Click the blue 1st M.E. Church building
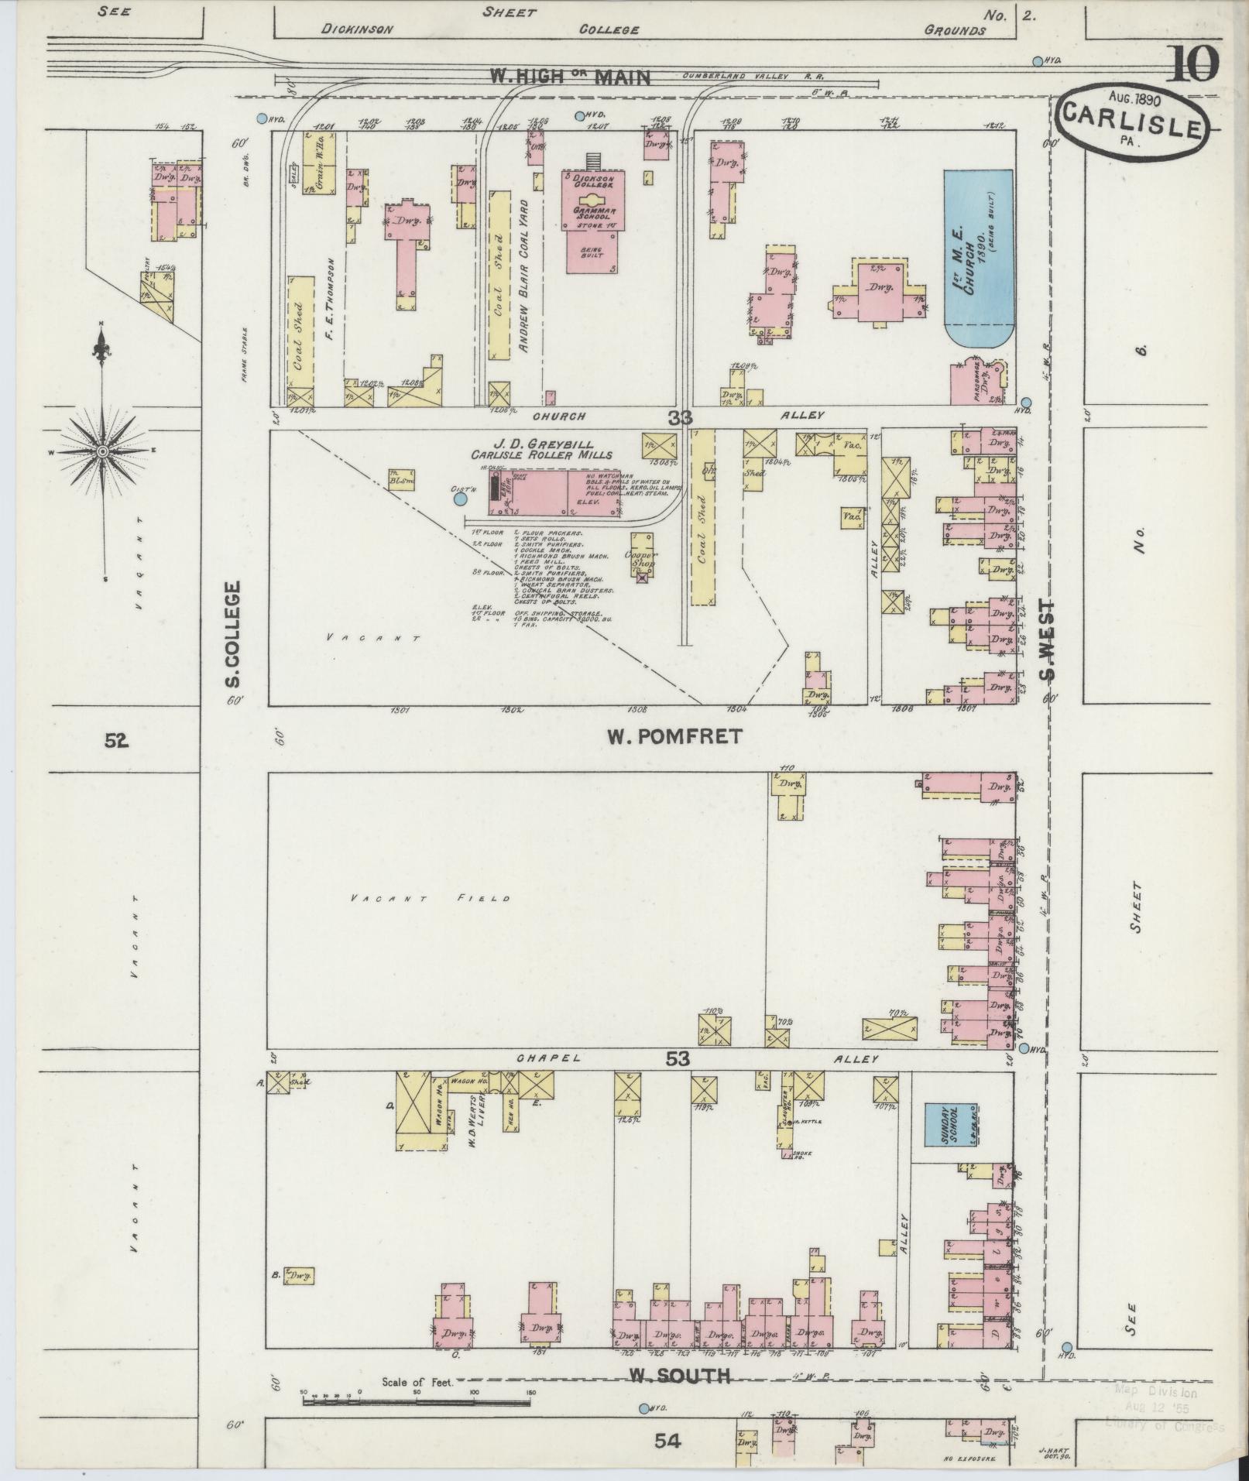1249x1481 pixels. pyautogui.click(x=978, y=259)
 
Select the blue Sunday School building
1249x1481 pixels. pyautogui.click(x=950, y=1125)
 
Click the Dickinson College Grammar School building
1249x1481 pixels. pyautogui.click(x=592, y=221)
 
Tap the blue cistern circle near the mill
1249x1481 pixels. pyautogui.click(x=460, y=499)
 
